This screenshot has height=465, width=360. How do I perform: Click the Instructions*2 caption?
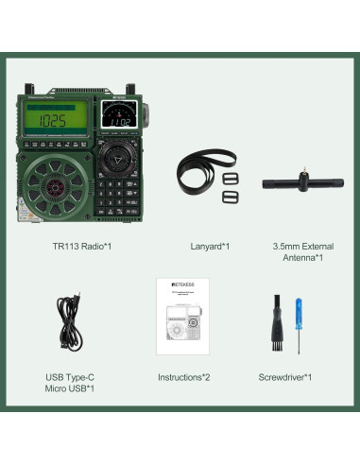[x=184, y=376]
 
